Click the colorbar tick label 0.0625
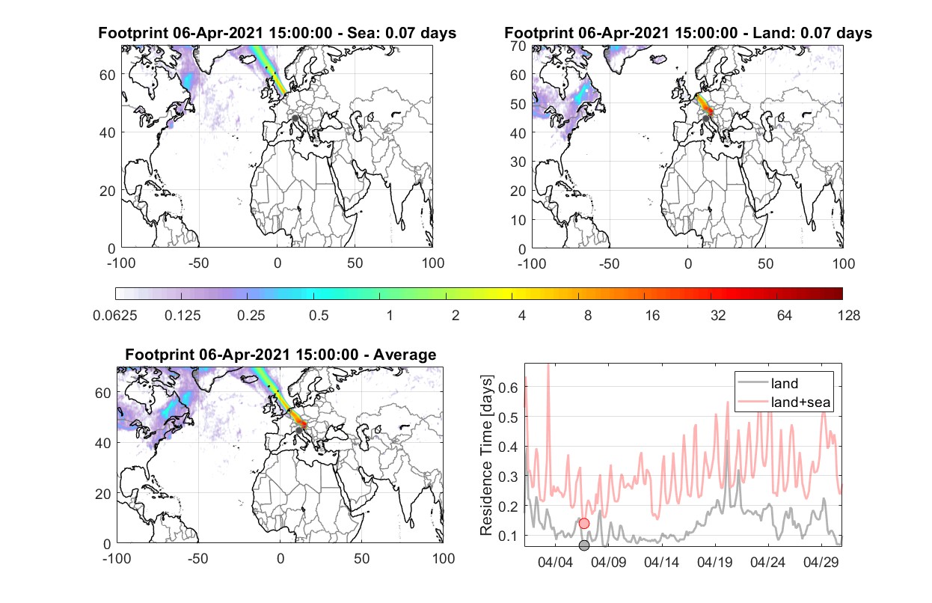tap(115, 316)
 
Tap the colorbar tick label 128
tap(848, 316)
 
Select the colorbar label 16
tap(652, 316)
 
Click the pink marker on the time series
tap(584, 523)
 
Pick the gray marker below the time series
tap(584, 545)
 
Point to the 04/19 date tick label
tap(714, 562)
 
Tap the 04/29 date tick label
tap(821, 562)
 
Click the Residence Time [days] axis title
tap(486, 456)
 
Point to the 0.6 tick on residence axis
tap(508, 388)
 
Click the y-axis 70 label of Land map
tap(518, 46)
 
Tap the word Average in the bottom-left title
tap(405, 355)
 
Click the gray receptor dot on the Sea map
tap(295, 118)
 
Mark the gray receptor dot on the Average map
tap(298, 430)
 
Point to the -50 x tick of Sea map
tap(198, 263)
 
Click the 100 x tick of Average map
tap(444, 558)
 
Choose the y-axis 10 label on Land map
tap(518, 220)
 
